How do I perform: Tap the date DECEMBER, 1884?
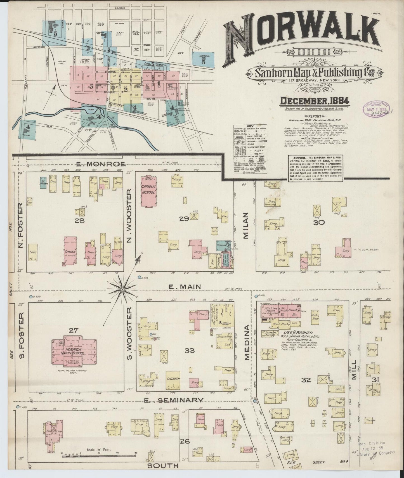point(315,101)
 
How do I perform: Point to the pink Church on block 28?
point(70,251)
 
